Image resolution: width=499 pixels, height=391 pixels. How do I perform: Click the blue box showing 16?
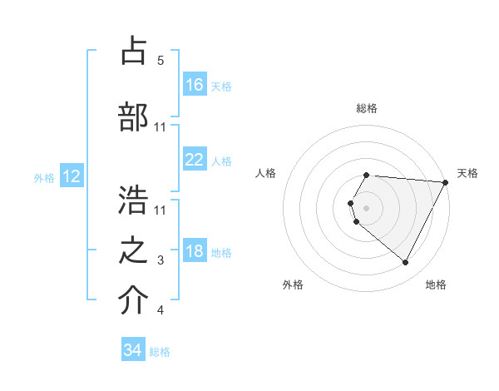[x=195, y=85]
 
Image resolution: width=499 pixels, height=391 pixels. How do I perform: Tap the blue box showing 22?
[x=195, y=160]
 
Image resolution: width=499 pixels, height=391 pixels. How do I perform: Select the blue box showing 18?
[x=195, y=251]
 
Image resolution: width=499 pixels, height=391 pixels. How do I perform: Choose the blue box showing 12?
[x=71, y=176]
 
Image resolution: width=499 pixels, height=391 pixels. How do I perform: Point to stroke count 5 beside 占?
[x=161, y=61]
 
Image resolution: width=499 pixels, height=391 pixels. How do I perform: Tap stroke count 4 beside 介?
[x=161, y=311]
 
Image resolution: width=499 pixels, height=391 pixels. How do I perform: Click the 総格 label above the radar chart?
[x=367, y=108]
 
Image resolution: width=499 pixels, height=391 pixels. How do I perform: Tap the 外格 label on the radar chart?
[x=293, y=285]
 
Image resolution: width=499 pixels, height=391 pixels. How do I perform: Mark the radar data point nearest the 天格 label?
[x=447, y=182]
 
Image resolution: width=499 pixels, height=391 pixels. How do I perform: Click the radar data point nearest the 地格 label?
[x=406, y=262]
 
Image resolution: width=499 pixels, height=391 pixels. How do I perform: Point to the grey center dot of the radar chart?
[x=367, y=207]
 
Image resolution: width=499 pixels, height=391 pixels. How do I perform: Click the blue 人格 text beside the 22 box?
[x=221, y=161]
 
